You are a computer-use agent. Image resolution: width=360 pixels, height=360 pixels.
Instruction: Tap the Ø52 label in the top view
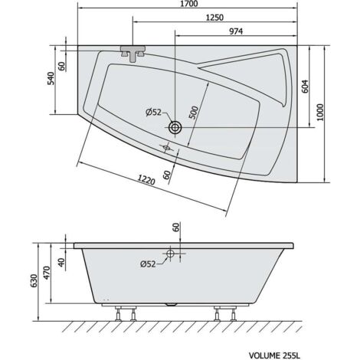point(155,113)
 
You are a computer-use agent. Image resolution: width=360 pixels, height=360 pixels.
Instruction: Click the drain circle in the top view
point(177,128)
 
